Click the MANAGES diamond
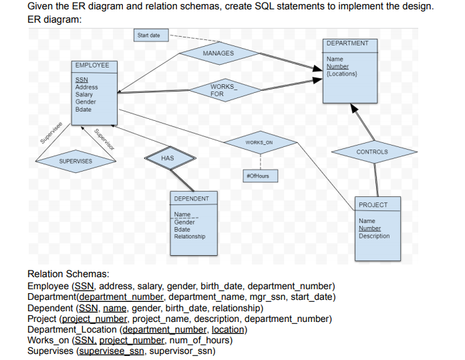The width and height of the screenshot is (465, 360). coord(218,53)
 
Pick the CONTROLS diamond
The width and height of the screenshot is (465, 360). coord(372,152)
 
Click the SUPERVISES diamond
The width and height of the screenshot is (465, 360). coord(75,162)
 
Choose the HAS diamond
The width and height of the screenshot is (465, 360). coord(168,158)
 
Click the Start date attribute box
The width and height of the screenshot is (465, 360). coord(148,35)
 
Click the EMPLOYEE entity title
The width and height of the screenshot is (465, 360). coord(93,65)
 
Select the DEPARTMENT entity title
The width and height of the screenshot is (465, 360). coord(347,43)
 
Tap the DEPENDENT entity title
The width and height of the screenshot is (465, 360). coord(192,199)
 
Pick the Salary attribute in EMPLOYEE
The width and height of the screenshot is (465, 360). coord(84,94)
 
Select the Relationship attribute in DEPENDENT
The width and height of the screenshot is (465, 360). coord(190,236)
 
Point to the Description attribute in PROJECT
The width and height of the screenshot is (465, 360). coord(374,236)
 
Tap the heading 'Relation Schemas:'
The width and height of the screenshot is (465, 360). coord(68,274)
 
